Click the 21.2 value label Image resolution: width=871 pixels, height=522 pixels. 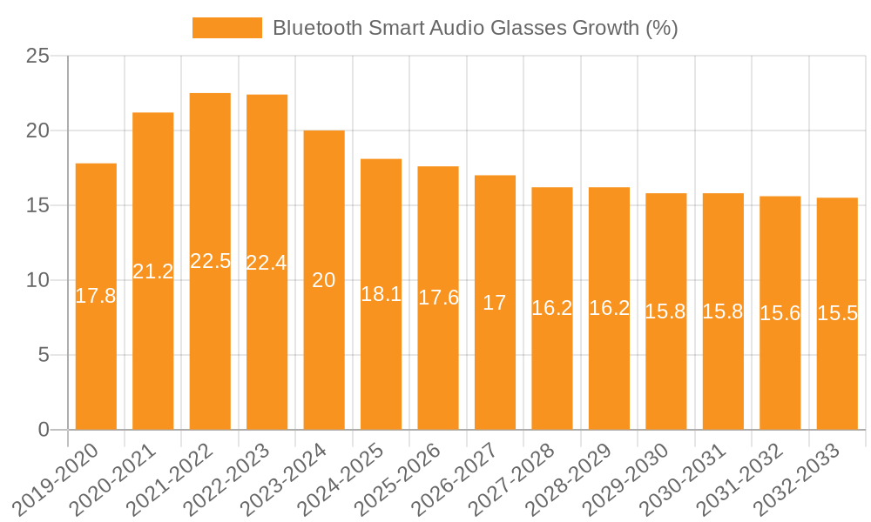pos(153,271)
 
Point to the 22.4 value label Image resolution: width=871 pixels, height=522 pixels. pos(267,262)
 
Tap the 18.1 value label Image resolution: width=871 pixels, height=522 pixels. pos(381,294)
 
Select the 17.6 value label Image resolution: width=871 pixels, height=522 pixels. pos(438,298)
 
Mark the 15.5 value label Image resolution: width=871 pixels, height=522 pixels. pos(837,313)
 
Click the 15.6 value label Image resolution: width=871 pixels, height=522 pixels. pos(780,313)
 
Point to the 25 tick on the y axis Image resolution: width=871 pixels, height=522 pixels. pos(38,57)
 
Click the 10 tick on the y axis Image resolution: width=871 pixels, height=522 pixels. pos(38,280)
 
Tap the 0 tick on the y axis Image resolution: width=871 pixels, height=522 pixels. pos(44,430)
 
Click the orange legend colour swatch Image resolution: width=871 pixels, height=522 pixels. pos(226,28)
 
